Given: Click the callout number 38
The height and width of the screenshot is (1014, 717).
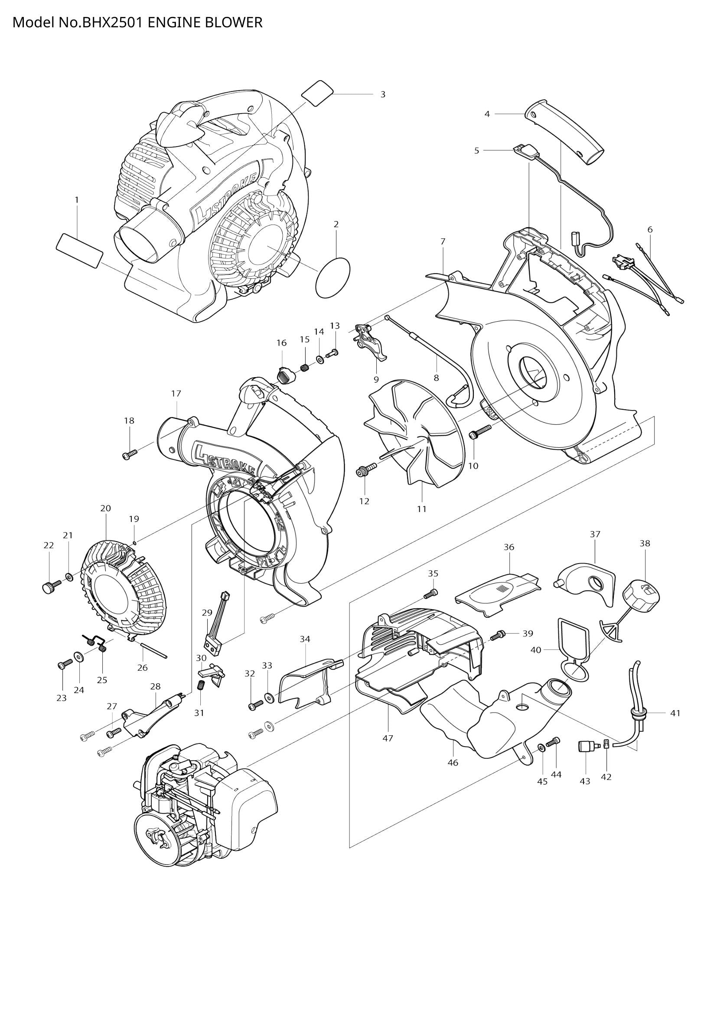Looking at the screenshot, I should [645, 543].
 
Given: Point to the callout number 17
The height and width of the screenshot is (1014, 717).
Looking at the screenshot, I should [176, 393].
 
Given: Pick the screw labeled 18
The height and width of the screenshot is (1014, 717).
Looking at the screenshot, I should [130, 453].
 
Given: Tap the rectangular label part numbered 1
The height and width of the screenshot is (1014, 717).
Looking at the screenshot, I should [80, 251].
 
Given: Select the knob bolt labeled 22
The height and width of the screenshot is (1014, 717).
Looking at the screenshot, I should [50, 587].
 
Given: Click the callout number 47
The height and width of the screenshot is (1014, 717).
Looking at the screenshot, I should [388, 738].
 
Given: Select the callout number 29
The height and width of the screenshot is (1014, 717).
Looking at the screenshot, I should [207, 613].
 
